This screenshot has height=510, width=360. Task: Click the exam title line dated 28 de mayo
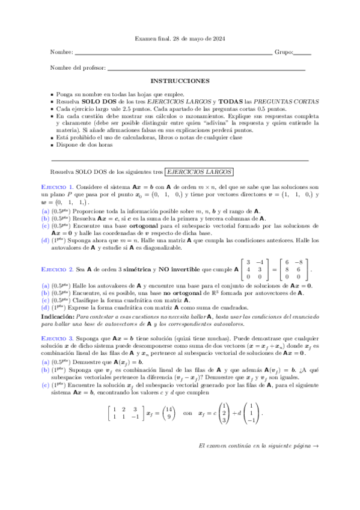pos(179,40)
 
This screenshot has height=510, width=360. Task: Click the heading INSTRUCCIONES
pos(180,81)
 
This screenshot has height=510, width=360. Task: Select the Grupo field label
pos(284,52)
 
